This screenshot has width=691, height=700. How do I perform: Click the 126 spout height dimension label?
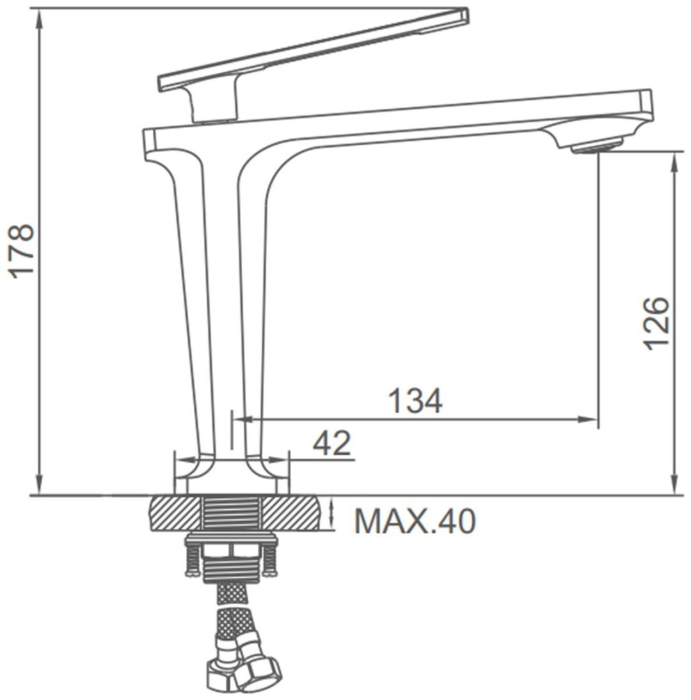tap(656, 323)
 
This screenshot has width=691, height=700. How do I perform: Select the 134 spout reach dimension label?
tap(416, 400)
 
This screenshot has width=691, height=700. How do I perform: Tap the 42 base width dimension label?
tap(332, 443)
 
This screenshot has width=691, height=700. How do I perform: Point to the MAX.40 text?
tap(415, 520)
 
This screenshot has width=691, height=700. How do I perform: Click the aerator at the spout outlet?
tap(596, 145)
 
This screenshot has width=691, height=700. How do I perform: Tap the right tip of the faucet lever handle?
tap(466, 13)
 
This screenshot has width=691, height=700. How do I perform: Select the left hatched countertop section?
tap(175, 512)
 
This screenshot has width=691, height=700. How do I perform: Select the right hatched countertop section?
tap(291, 512)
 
